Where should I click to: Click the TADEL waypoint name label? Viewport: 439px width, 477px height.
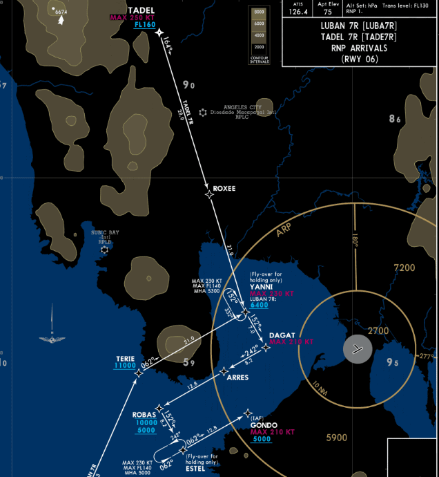tap(142, 10)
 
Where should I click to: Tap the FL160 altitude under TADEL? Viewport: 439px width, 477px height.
tap(145, 24)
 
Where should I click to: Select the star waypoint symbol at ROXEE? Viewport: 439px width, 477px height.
tap(210, 194)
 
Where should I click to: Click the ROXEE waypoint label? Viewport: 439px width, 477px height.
tap(224, 188)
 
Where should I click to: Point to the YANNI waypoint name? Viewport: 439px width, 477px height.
tap(261, 286)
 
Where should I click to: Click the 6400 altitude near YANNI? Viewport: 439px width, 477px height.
tap(259, 305)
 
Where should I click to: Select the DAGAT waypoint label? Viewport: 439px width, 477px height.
tap(282, 335)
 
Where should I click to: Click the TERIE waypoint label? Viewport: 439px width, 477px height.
tap(125, 358)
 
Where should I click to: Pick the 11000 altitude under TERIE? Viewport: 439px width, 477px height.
tap(124, 366)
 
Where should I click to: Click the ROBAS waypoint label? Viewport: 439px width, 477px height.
tap(144, 415)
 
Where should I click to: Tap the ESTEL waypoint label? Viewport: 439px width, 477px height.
tap(195, 467)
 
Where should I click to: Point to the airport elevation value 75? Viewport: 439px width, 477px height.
tap(327, 12)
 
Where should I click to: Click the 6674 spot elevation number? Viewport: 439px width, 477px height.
tap(61, 12)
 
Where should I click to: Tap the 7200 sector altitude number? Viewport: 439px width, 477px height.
tap(404, 268)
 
